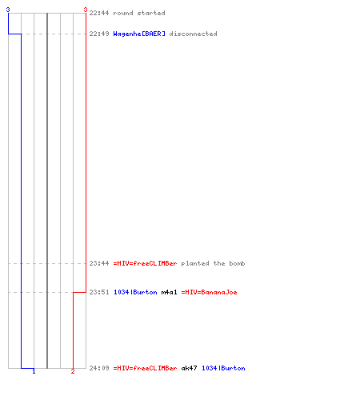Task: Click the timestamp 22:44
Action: click(x=99, y=13)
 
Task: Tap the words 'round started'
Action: click(x=139, y=13)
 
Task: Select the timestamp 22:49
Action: click(x=99, y=34)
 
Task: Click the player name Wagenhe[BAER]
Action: click(x=139, y=34)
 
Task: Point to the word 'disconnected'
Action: click(x=193, y=34)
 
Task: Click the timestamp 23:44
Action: click(x=99, y=263)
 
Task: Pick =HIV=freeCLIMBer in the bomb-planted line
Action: click(x=145, y=263)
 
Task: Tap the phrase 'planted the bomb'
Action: click(x=213, y=263)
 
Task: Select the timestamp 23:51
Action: click(x=99, y=292)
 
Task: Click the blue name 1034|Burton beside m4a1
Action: click(x=135, y=292)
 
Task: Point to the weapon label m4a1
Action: click(x=169, y=292)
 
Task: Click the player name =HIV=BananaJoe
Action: click(x=209, y=292)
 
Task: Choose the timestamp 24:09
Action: click(x=99, y=368)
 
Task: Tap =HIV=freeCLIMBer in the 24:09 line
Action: click(x=145, y=368)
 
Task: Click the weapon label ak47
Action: click(x=189, y=368)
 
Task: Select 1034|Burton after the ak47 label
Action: click(x=223, y=368)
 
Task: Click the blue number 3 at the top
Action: click(x=8, y=10)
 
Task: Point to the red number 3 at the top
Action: click(x=86, y=10)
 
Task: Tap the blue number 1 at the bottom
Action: click(x=34, y=371)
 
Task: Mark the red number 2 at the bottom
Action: click(x=73, y=371)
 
